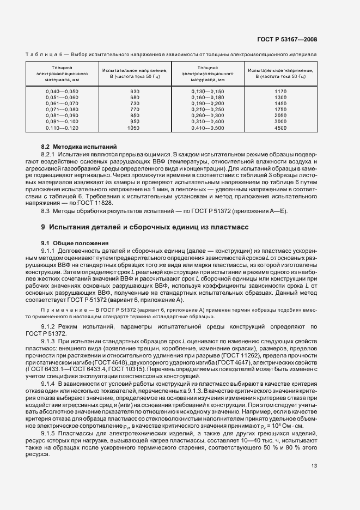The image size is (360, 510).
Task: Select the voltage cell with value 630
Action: tap(135, 91)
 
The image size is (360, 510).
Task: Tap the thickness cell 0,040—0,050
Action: tap(62, 91)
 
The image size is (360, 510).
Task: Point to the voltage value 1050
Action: tap(134, 127)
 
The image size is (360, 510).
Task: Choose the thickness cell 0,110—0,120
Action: tap(62, 127)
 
